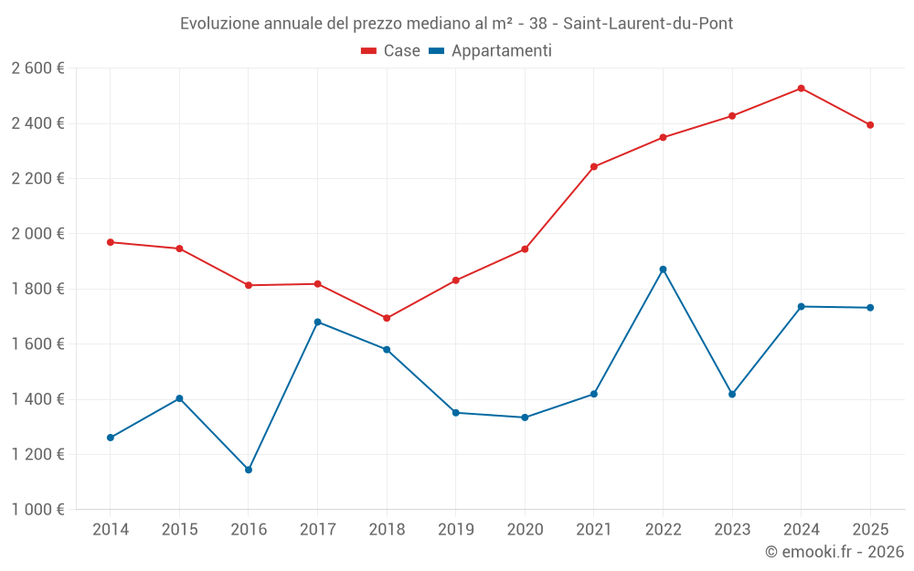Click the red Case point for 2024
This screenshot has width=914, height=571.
(801, 89)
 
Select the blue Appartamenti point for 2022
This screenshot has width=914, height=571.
(663, 270)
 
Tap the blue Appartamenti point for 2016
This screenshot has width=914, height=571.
(249, 470)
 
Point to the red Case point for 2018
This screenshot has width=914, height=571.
(387, 318)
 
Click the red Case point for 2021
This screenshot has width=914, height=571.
(594, 166)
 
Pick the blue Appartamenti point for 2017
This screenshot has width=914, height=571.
(317, 322)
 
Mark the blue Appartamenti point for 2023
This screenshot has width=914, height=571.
(732, 394)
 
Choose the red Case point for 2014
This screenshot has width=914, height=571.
(111, 242)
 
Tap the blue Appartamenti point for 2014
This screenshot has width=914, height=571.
(111, 438)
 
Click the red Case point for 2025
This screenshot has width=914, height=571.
(870, 125)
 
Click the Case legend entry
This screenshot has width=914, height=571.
(391, 51)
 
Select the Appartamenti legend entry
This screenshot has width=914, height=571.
(491, 51)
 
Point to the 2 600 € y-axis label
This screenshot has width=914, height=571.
(37, 69)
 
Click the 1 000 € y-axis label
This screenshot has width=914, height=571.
(37, 510)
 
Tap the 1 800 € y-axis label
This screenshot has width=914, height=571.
(37, 289)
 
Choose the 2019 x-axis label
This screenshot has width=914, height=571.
(455, 529)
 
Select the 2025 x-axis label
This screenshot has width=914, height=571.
(870, 529)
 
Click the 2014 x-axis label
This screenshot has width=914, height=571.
(111, 529)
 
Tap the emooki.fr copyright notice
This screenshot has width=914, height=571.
(834, 552)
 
